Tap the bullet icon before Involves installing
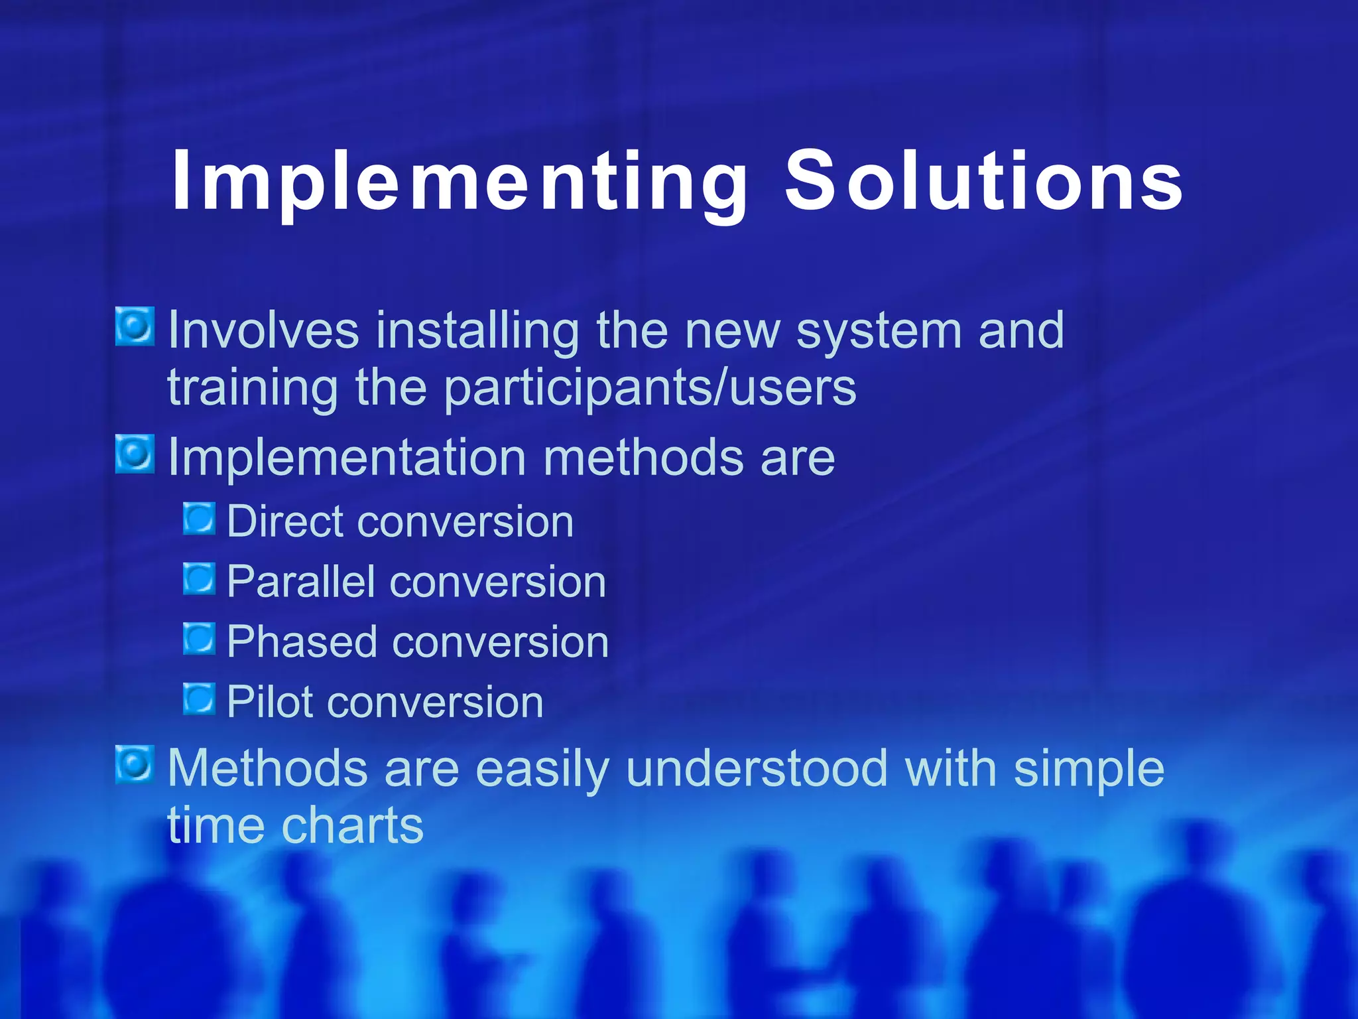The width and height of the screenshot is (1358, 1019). (135, 326)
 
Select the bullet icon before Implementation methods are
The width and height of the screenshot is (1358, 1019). (135, 454)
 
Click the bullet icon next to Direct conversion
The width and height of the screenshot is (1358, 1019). (199, 518)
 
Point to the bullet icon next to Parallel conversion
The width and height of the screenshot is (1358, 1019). (199, 578)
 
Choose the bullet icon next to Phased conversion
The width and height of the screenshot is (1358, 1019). (199, 639)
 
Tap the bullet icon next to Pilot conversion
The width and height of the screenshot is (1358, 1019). (199, 699)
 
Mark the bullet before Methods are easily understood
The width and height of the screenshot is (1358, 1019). (135, 764)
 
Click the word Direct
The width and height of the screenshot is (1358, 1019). (284, 521)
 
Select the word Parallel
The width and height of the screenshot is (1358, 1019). (300, 582)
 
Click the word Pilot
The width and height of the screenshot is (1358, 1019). (269, 703)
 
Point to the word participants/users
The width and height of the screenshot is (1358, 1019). (650, 389)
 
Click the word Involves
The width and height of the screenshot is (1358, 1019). (263, 330)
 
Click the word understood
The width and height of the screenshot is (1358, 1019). (757, 768)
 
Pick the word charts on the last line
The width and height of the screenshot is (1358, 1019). (353, 826)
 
